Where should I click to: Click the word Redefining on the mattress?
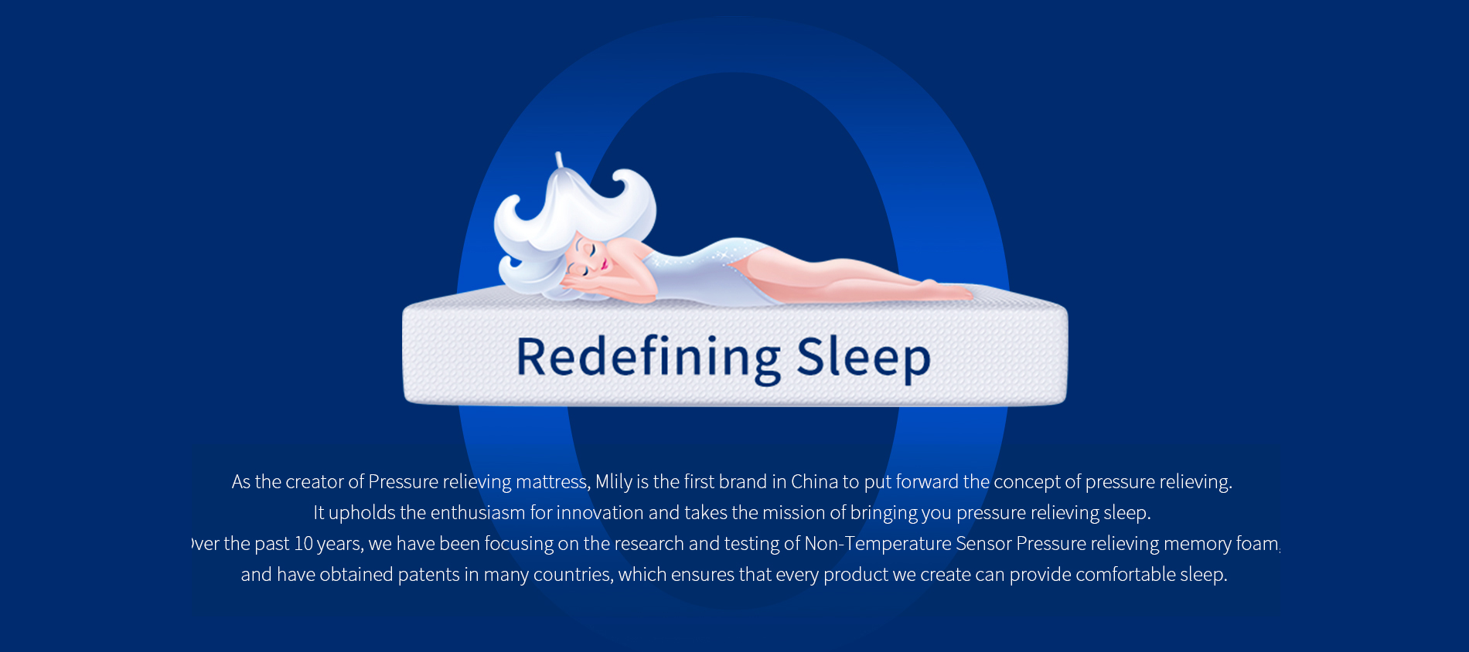pos(649,358)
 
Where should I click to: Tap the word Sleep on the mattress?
pos(864,358)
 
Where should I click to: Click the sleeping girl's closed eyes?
pos(586,260)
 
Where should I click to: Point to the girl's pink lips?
pos(605,266)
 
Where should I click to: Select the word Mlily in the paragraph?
pos(614,482)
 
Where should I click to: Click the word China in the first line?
pos(814,482)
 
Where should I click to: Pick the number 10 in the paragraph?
pos(303,544)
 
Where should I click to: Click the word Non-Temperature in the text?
pos(878,544)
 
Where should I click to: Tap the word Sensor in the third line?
pos(983,544)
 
